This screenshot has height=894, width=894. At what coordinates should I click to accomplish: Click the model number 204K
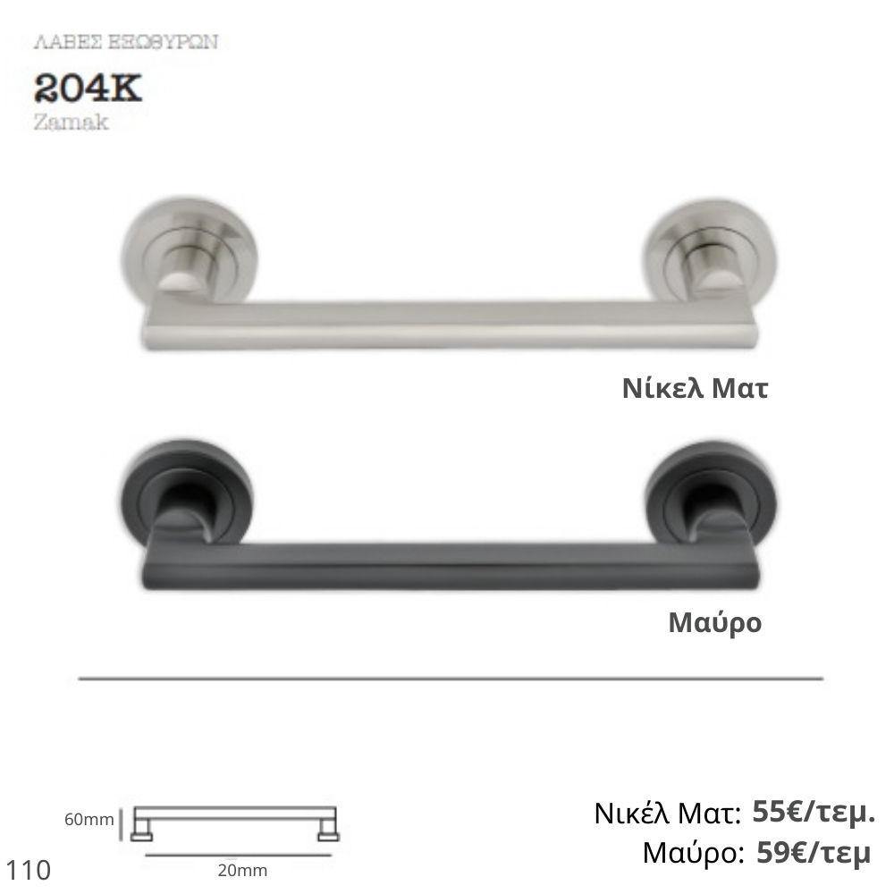[x=88, y=89]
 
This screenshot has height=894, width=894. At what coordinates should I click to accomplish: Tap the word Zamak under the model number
[x=71, y=122]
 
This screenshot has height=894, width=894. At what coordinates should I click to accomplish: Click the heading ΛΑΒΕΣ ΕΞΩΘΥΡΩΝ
[x=126, y=42]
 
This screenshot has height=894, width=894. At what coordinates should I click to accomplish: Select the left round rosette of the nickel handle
[x=190, y=251]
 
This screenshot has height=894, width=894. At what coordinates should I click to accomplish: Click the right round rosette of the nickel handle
[x=711, y=251]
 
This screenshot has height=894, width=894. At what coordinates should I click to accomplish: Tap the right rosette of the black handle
[x=711, y=490]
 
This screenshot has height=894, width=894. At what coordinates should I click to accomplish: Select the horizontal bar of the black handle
[x=451, y=566]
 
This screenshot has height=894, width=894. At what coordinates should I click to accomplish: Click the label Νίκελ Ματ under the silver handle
[x=695, y=388]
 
